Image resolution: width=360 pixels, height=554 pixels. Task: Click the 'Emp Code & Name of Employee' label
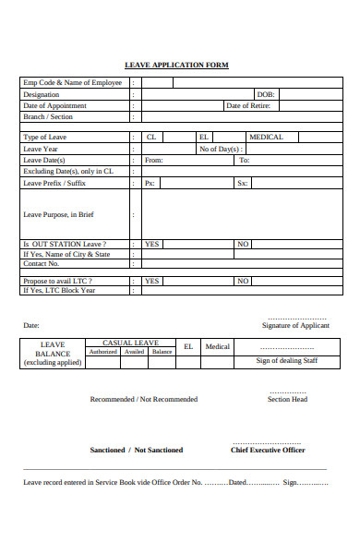(x=72, y=83)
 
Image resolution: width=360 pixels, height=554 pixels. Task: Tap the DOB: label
(x=265, y=94)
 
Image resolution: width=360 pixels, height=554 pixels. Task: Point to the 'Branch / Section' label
(x=48, y=117)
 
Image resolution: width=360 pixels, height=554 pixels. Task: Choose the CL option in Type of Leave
(x=151, y=137)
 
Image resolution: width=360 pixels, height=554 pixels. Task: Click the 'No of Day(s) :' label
(x=222, y=149)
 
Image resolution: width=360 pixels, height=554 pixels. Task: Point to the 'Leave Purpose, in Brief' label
(x=58, y=214)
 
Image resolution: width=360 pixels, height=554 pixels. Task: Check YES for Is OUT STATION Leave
(x=152, y=245)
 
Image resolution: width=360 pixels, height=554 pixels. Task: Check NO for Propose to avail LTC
(x=243, y=281)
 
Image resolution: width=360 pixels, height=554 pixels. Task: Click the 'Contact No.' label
(x=42, y=264)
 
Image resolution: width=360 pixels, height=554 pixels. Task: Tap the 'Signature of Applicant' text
(x=294, y=325)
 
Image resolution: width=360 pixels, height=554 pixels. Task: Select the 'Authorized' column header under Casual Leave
(x=102, y=352)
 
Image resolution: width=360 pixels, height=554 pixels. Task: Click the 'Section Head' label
(x=287, y=399)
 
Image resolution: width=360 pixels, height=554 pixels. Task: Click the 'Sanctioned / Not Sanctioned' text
(x=136, y=450)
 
